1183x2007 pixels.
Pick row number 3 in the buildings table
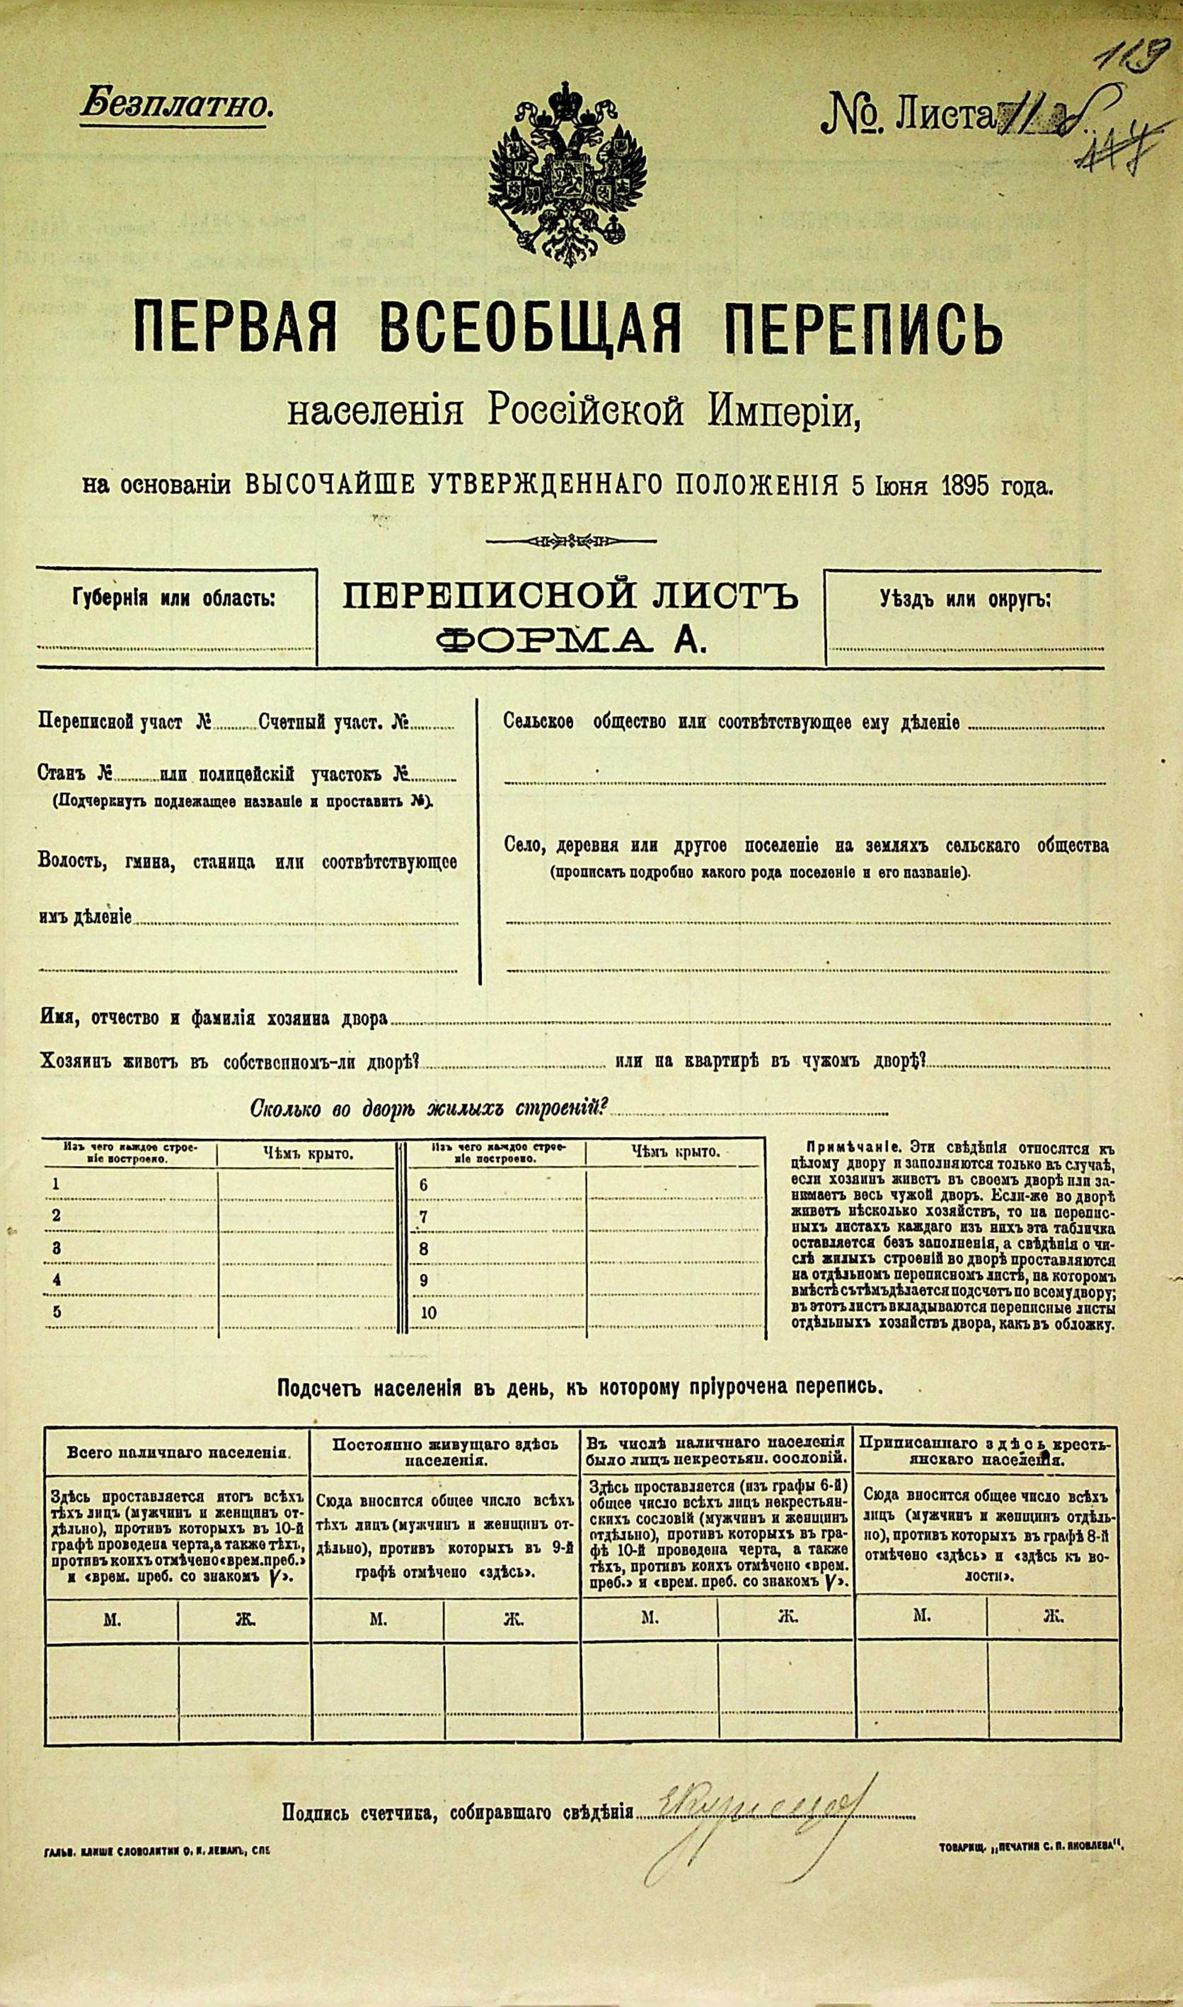[x=56, y=1247]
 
